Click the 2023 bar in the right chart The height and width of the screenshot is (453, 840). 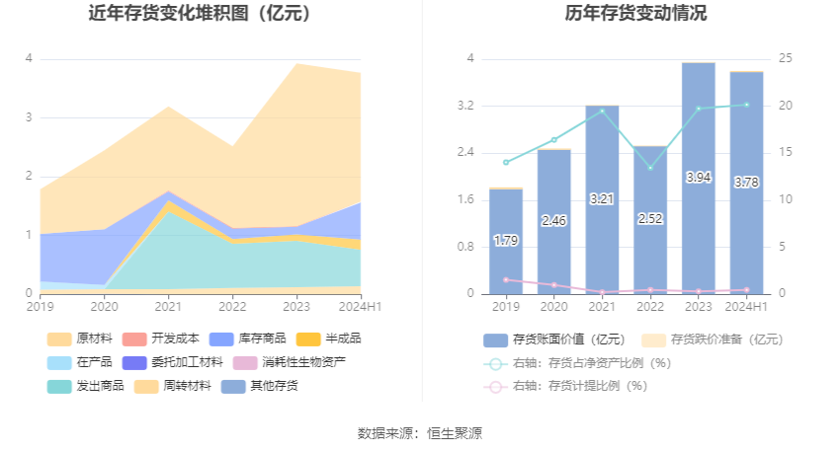[x=698, y=179]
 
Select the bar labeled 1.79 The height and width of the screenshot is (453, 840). [x=506, y=241]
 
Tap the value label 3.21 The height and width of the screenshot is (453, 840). [x=602, y=199]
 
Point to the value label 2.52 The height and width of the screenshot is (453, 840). [x=650, y=219]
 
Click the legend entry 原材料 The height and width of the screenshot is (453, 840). [x=80, y=339]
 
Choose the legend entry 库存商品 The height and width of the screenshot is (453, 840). [x=247, y=339]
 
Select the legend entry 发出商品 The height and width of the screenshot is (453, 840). [x=86, y=386]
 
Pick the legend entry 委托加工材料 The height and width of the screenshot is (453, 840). [x=173, y=362]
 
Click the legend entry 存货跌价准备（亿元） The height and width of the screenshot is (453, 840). [x=713, y=340]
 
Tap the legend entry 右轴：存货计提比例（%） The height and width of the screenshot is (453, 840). [x=565, y=386]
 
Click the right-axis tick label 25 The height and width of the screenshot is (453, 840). [x=786, y=58]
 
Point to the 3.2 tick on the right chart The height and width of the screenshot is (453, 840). [x=465, y=106]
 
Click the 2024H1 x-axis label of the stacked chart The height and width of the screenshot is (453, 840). [x=360, y=307]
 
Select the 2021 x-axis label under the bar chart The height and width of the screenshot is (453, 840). [x=602, y=307]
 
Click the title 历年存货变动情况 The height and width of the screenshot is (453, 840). [x=635, y=13]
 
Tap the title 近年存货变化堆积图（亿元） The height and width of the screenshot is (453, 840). [x=200, y=13]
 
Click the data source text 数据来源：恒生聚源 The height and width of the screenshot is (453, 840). [x=419, y=433]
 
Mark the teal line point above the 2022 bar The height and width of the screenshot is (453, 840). [x=650, y=168]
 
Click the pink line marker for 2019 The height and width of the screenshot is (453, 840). [x=506, y=279]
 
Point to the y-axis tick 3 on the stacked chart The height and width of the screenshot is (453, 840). [x=29, y=117]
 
